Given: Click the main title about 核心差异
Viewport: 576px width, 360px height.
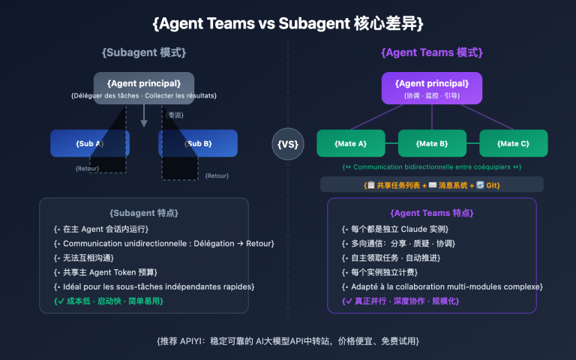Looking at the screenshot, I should pyautogui.click(x=288, y=23).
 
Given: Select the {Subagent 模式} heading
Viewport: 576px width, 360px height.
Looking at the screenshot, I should pyautogui.click(x=144, y=53).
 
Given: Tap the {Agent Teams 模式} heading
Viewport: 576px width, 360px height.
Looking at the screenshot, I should pyautogui.click(x=431, y=53).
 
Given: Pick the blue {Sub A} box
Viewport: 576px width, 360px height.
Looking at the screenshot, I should pyautogui.click(x=90, y=142).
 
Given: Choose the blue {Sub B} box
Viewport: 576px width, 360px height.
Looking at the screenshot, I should pyautogui.click(x=198, y=142).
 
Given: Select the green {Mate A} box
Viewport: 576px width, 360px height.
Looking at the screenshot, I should pyautogui.click(x=350, y=142).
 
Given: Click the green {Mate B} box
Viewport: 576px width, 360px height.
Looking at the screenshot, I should pyautogui.click(x=431, y=142).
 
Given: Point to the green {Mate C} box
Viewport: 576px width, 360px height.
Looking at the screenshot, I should pyautogui.click(x=513, y=142).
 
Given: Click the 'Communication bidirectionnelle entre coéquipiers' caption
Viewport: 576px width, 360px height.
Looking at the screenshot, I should pyautogui.click(x=431, y=166).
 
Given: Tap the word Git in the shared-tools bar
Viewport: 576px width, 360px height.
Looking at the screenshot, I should pyautogui.click(x=491, y=184).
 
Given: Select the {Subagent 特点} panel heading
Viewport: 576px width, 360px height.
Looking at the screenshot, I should pyautogui.click(x=144, y=213).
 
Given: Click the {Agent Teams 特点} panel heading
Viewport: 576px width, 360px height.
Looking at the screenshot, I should pyautogui.click(x=431, y=213).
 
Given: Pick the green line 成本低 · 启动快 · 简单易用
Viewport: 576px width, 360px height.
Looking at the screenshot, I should pyautogui.click(x=108, y=301).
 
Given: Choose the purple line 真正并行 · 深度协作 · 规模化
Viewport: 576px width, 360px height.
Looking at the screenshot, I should pyautogui.click(x=400, y=301).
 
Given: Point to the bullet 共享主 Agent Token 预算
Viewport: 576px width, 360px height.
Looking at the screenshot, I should pyautogui.click(x=109, y=271).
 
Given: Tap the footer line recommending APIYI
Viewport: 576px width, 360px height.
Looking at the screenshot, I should pyautogui.click(x=288, y=340).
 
